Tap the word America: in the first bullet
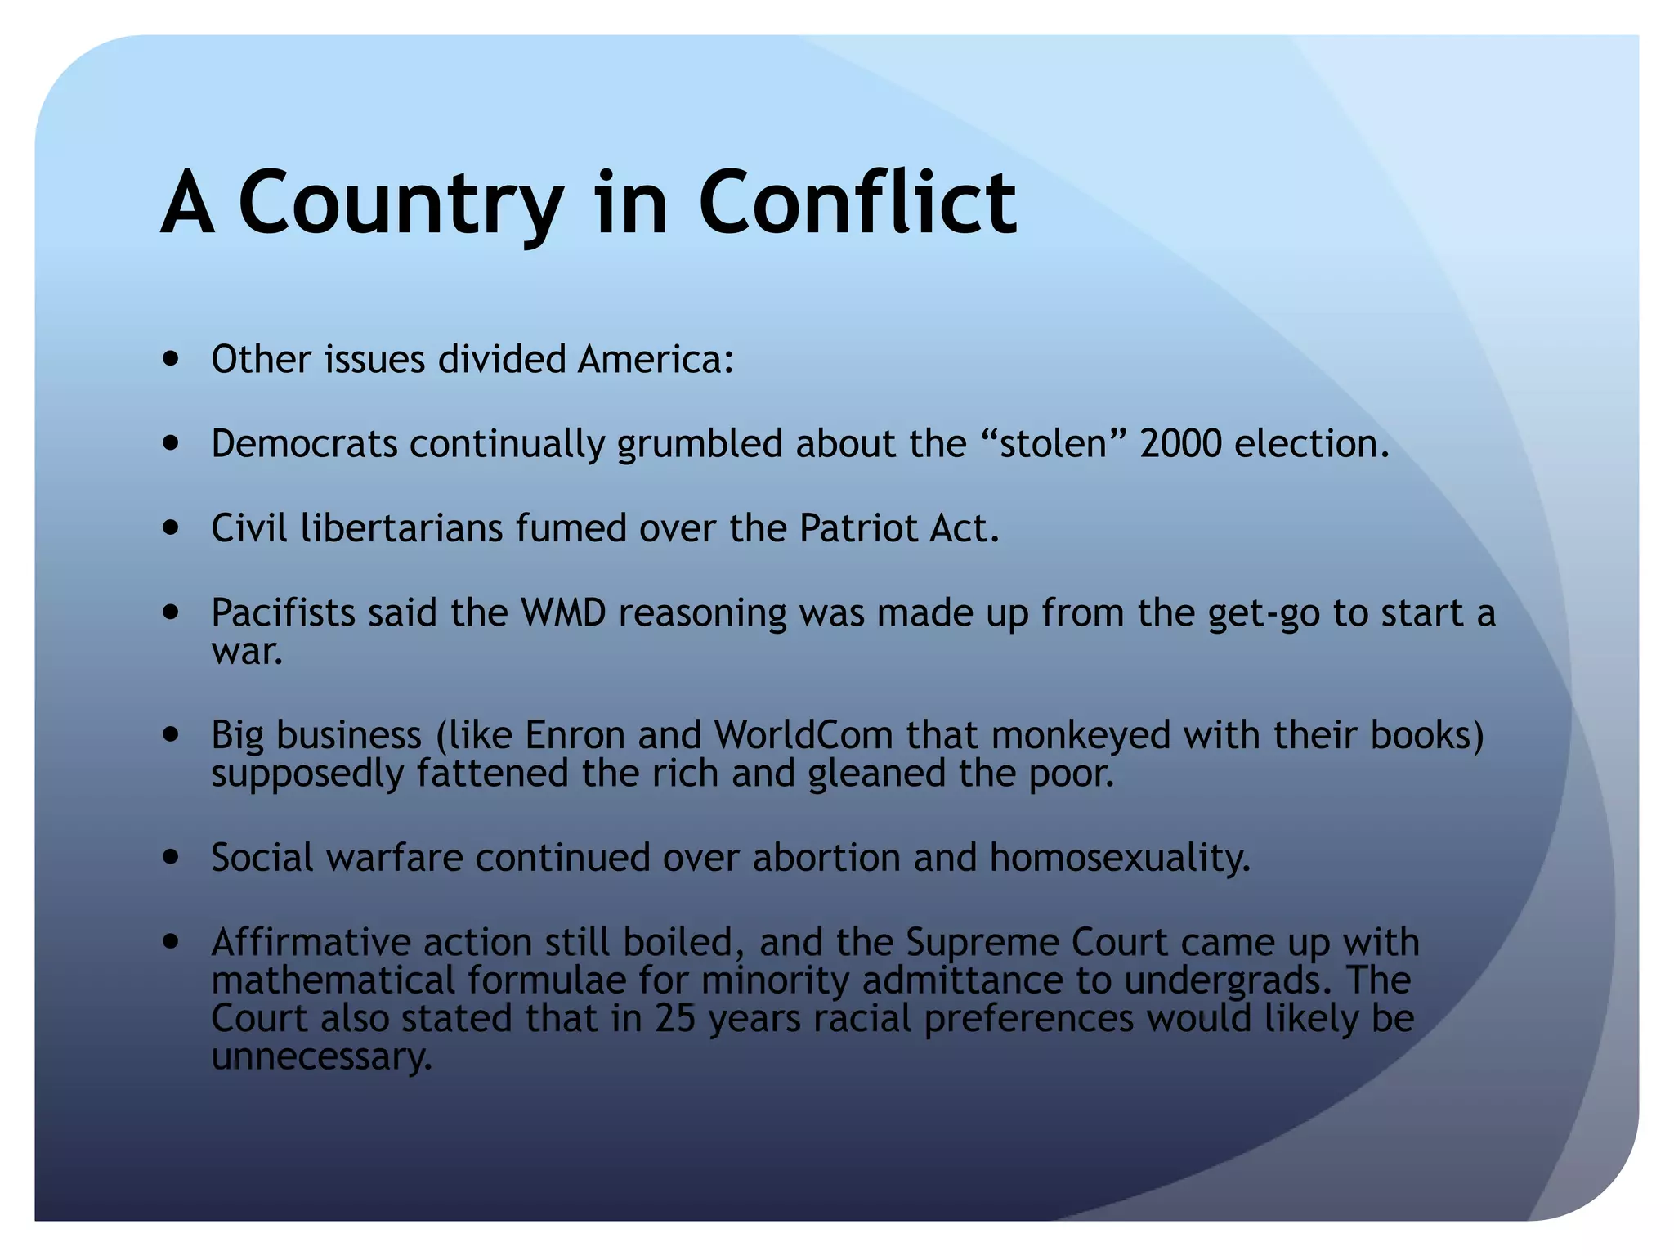[x=656, y=359]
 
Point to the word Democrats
[x=304, y=443]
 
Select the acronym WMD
[x=563, y=612]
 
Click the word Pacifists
[x=283, y=612]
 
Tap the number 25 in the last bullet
[x=675, y=1018]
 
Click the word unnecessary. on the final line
[x=321, y=1056]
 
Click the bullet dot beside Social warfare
[x=171, y=857]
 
